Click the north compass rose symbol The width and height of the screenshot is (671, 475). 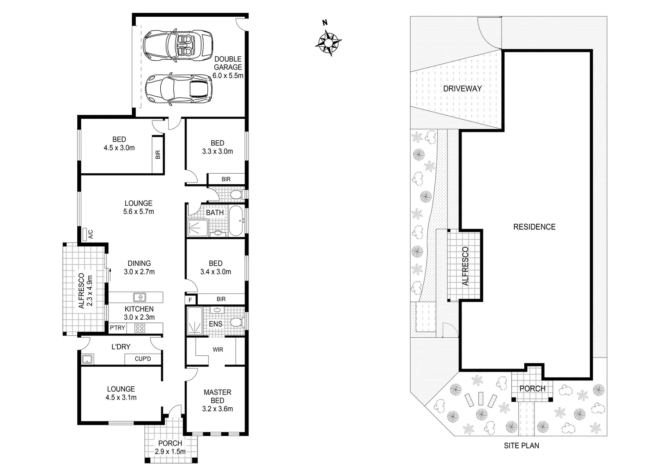tap(328, 42)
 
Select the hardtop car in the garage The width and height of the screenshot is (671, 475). tap(178, 89)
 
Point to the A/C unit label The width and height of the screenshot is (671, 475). tap(90, 234)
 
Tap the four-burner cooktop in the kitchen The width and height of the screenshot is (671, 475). tap(140, 328)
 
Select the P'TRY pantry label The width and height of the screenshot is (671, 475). tap(117, 328)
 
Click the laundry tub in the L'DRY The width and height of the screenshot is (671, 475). tap(87, 359)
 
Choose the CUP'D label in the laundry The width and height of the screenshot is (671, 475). tap(142, 359)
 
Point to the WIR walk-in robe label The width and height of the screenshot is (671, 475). tap(218, 350)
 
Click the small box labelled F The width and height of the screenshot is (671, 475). tap(190, 300)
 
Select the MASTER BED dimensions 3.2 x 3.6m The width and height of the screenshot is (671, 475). tap(217, 409)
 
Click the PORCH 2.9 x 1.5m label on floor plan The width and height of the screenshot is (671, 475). tap(170, 447)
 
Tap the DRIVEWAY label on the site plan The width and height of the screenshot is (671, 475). tap(462, 88)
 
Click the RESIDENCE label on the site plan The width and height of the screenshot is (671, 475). tap(534, 227)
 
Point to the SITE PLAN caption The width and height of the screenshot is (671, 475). tap(521, 446)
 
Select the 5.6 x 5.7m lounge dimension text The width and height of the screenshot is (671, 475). tap(138, 212)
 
